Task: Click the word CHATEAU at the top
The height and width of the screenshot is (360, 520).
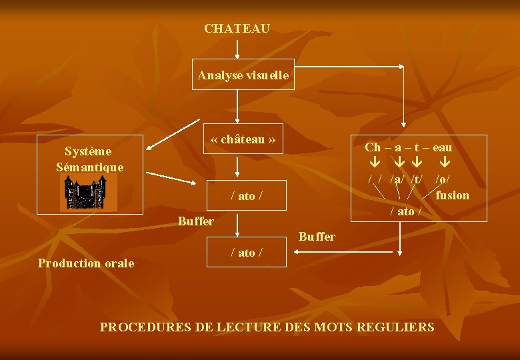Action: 237,29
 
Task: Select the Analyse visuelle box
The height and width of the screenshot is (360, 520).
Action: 243,75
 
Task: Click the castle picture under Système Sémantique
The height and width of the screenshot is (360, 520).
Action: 89,194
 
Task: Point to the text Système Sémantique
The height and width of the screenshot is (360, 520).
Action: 90,159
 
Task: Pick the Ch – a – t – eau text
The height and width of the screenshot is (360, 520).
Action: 408,147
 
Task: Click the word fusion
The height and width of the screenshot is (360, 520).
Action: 452,195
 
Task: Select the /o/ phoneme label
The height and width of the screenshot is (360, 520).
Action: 442,179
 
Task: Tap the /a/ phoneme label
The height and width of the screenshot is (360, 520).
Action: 397,179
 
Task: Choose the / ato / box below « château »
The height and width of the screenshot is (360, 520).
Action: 247,195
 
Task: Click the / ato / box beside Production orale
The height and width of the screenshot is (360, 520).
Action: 247,253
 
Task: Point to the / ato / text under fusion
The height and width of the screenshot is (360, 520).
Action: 406,211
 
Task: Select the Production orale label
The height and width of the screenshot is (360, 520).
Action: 86,263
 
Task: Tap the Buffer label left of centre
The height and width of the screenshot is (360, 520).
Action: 196,221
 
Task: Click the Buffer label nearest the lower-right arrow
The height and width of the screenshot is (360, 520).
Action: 317,237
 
